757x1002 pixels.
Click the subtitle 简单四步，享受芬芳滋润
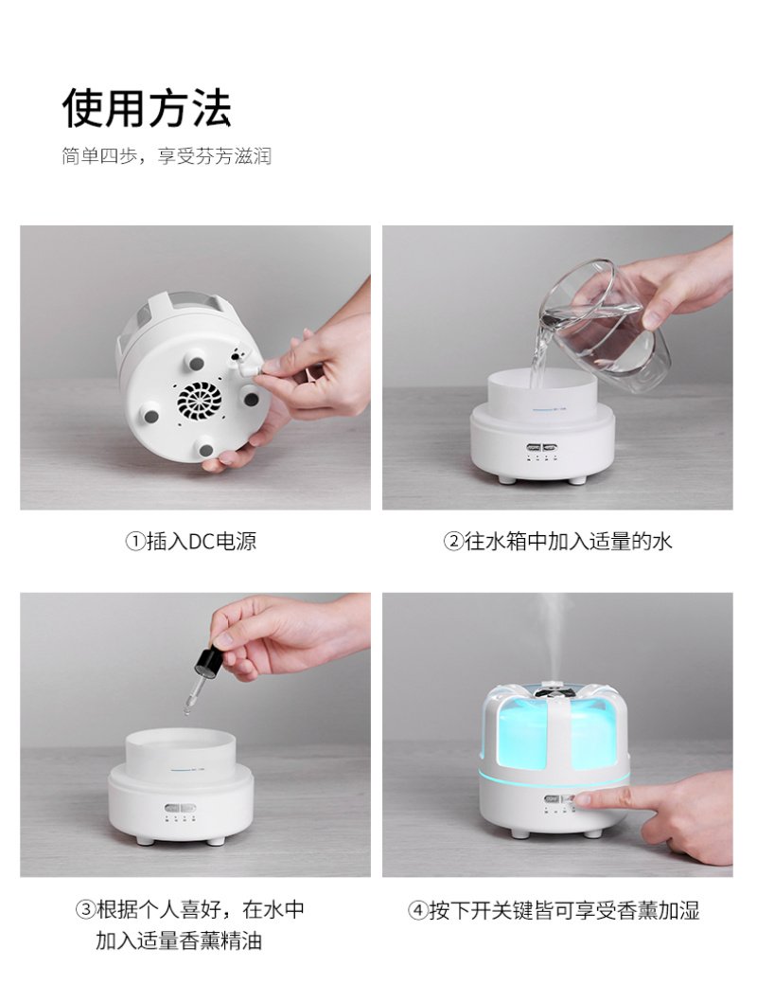pyautogui.click(x=167, y=156)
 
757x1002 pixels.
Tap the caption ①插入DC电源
pyautogui.click(x=191, y=542)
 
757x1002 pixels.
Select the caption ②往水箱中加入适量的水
pyautogui.click(x=558, y=542)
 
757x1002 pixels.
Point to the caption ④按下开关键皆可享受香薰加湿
pyautogui.click(x=554, y=910)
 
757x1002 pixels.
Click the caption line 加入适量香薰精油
pyautogui.click(x=179, y=940)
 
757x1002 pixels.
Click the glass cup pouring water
pyautogui.click(x=603, y=325)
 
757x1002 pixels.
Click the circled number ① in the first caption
pyautogui.click(x=134, y=542)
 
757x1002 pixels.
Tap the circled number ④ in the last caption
pyautogui.click(x=417, y=911)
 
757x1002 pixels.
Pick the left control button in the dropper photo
pyautogui.click(x=172, y=808)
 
